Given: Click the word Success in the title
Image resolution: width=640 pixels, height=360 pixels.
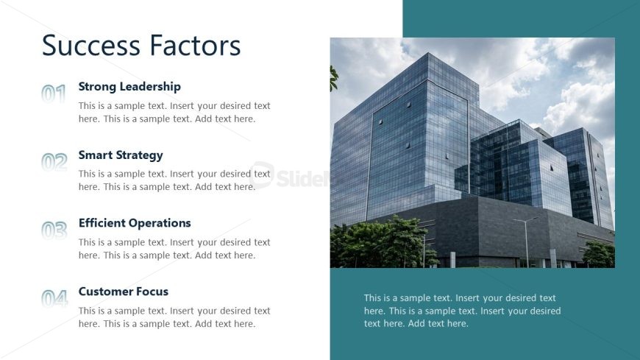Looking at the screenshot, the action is pos(91,45).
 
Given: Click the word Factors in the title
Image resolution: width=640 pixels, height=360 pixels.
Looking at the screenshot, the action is pos(195,45).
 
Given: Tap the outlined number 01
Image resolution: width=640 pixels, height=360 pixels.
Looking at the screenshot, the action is pos(54,93).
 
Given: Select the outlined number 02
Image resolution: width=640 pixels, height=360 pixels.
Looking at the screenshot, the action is pos(54,162).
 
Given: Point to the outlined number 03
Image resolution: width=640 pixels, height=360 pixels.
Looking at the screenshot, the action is pos(54,230).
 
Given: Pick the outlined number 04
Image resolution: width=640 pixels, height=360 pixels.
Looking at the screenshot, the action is pos(54,298).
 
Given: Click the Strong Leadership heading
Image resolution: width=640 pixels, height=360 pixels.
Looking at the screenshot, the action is pos(129,87).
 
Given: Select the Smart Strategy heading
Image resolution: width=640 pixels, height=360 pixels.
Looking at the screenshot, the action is pos(121,155).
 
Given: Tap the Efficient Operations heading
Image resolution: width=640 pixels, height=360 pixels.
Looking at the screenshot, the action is pos(135,223).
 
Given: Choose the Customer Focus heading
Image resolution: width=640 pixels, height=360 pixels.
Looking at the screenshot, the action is pos(124,292).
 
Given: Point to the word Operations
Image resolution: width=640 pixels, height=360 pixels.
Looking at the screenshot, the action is pos(160,224).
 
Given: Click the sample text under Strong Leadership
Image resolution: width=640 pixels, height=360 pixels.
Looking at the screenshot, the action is pos(174,113).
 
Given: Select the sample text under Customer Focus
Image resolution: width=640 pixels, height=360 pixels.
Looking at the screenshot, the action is pos(174,317).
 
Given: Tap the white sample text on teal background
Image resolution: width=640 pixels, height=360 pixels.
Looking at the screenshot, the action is pos(463,311).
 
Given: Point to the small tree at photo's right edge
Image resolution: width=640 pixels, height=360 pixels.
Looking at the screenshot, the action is pos(598,254).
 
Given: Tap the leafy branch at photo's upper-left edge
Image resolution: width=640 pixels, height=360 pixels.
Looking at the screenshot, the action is pos(333,79).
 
